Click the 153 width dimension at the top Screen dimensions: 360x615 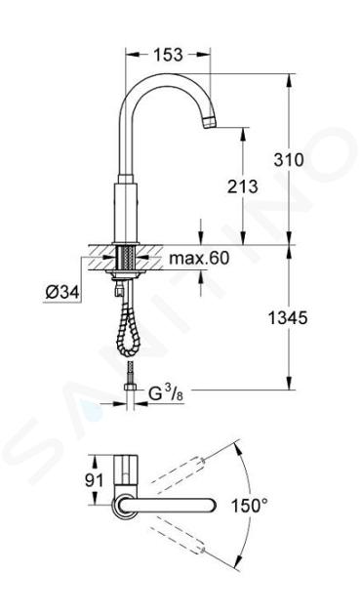pyautogui.click(x=168, y=55)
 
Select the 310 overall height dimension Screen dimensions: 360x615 pyautogui.click(x=289, y=160)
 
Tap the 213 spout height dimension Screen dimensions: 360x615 pyautogui.click(x=243, y=186)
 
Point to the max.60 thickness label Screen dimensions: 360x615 pyautogui.click(x=199, y=258)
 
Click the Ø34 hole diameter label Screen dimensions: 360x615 pyautogui.click(x=62, y=292)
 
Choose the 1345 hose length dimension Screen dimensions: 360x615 pyautogui.click(x=288, y=318)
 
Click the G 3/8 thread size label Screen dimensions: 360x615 pyautogui.click(x=166, y=393)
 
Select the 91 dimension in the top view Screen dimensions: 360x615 pyautogui.click(x=94, y=479)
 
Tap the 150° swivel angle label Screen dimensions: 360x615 pyautogui.click(x=250, y=506)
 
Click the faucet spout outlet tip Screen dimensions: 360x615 pyautogui.click(x=210, y=123)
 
